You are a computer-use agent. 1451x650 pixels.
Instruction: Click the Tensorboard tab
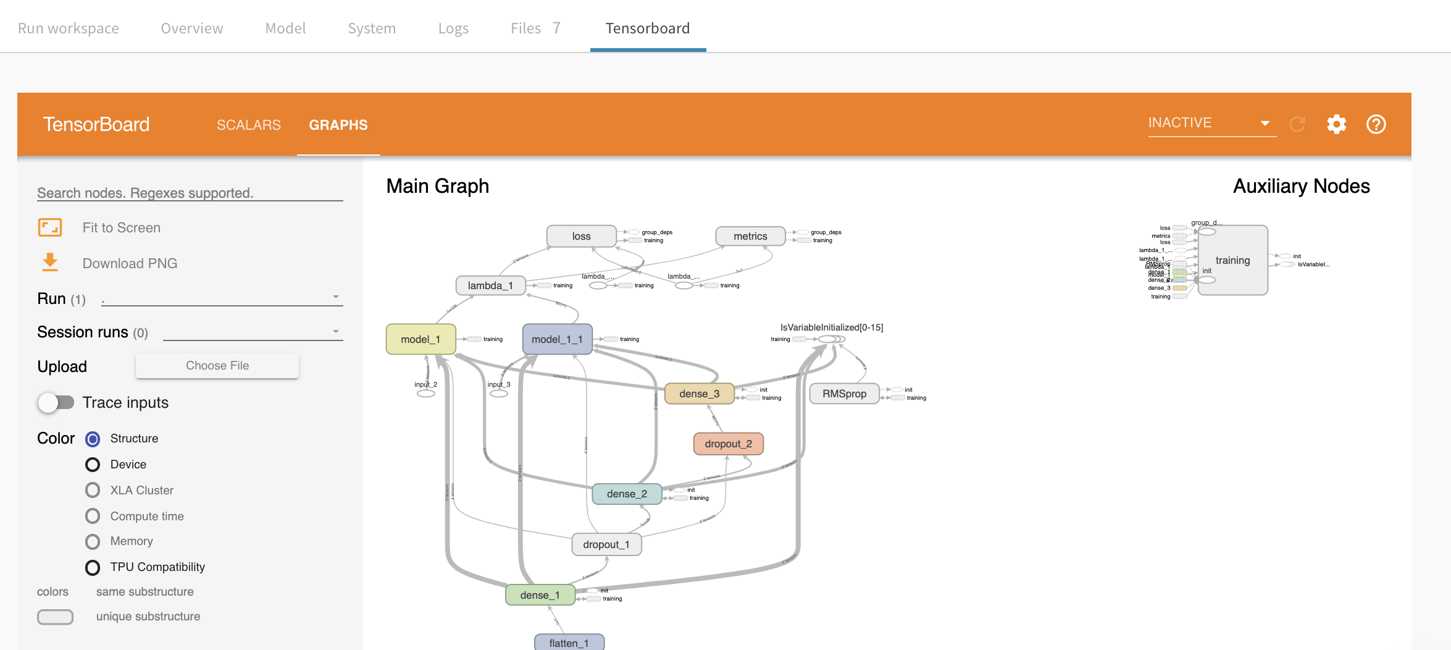(x=647, y=28)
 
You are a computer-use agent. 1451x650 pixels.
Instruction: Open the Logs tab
(x=453, y=28)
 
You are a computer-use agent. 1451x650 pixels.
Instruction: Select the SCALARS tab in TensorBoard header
(x=248, y=125)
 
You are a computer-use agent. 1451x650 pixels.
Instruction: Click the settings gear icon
(x=1336, y=124)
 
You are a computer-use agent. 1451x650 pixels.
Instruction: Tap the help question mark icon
(x=1376, y=124)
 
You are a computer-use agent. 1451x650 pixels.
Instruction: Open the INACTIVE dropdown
(x=1211, y=123)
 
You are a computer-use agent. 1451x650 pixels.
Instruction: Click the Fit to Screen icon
(x=50, y=227)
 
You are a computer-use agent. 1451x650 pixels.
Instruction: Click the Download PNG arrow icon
(x=50, y=263)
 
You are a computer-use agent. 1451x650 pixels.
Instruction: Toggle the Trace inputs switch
(x=56, y=403)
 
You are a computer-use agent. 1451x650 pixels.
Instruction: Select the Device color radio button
(x=93, y=465)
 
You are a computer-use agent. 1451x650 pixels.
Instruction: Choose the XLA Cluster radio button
(x=93, y=491)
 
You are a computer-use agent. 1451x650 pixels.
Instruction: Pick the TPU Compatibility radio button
(x=93, y=567)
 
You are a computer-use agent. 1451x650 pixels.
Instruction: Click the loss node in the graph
(x=581, y=236)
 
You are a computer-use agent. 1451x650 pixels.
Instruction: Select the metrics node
(x=750, y=236)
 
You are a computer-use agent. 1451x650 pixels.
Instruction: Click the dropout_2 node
(x=728, y=444)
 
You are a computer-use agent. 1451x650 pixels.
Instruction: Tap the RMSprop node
(x=843, y=394)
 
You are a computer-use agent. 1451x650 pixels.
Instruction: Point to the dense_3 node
(x=699, y=394)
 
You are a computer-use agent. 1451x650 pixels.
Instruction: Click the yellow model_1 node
(x=420, y=339)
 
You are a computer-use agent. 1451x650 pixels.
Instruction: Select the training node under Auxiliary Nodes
(x=1232, y=260)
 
